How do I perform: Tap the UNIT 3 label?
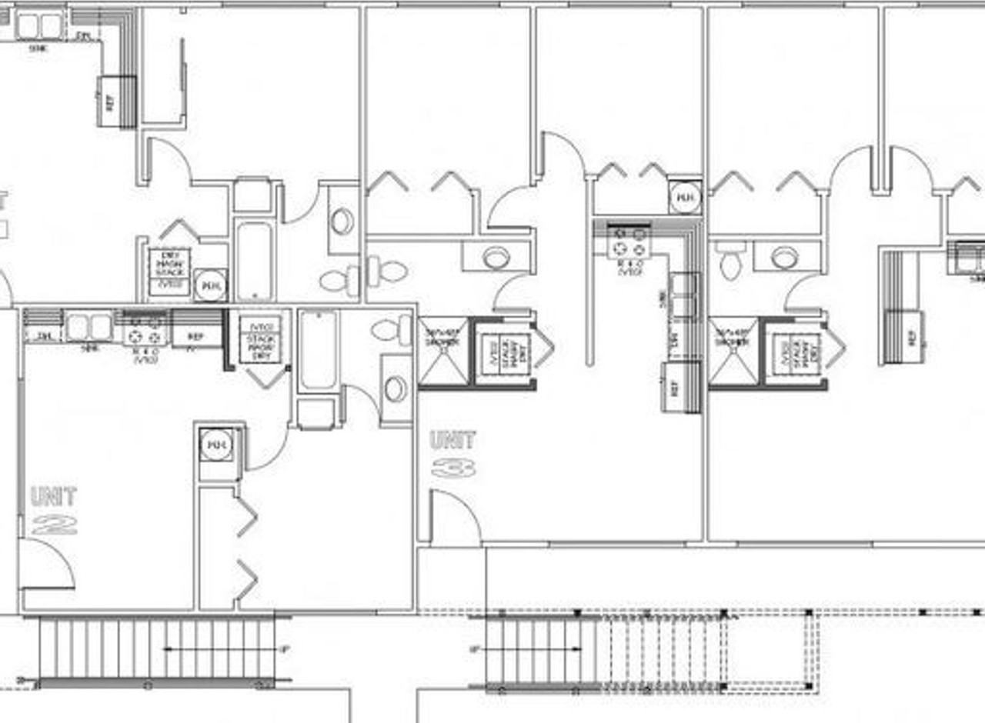tap(452, 455)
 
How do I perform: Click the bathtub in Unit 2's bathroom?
tap(317, 351)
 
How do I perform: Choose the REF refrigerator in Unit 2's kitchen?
tap(196, 335)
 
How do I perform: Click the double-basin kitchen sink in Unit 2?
tap(88, 327)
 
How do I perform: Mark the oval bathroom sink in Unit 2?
tap(396, 389)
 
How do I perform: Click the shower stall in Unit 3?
tap(442, 351)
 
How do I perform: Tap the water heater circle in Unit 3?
tap(684, 198)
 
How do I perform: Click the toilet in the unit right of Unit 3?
tap(731, 262)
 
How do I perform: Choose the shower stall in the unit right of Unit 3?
tap(733, 351)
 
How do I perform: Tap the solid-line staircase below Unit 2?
tap(158, 648)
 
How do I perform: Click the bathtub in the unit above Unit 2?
tap(254, 260)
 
